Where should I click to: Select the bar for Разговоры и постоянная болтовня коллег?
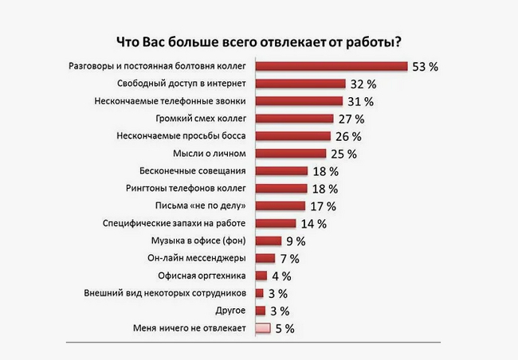pos(332,66)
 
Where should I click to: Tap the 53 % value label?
pos(426,67)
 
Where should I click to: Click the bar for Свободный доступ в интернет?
pos(300,84)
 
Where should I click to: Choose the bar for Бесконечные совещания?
pos(281,171)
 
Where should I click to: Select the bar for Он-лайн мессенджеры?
pos(265,258)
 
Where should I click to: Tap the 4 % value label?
pos(281,276)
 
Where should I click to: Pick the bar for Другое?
pos(259,311)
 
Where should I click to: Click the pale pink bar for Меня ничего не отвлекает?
pos(262,327)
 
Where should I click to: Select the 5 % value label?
pos(285,328)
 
